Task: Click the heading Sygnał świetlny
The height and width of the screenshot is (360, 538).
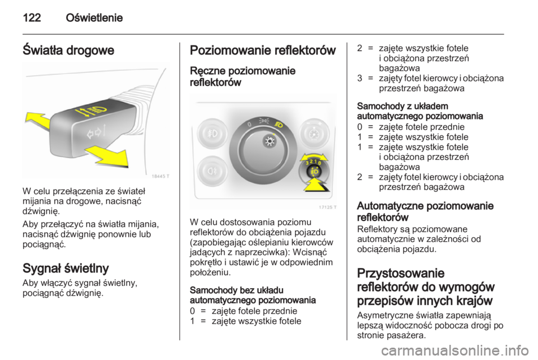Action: pyautogui.click(x=66, y=267)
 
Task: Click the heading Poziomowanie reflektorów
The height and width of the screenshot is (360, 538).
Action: pyautogui.click(x=263, y=50)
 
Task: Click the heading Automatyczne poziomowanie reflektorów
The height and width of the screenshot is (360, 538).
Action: pyautogui.click(x=425, y=210)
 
